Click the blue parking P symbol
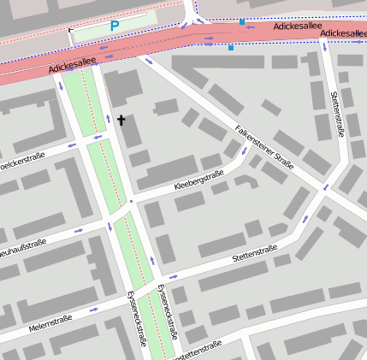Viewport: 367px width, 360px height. coord(114,27)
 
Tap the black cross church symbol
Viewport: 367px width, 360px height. coord(121,121)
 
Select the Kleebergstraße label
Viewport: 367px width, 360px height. coord(198,180)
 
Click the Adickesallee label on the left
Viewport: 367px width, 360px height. coord(70,64)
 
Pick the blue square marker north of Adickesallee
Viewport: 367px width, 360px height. coord(242,21)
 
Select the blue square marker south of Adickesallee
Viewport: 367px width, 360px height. coord(230,48)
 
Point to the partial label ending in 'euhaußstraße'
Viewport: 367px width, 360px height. coord(22,247)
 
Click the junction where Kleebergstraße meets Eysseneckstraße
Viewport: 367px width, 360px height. coord(132,202)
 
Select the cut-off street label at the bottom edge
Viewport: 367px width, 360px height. coord(196,350)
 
